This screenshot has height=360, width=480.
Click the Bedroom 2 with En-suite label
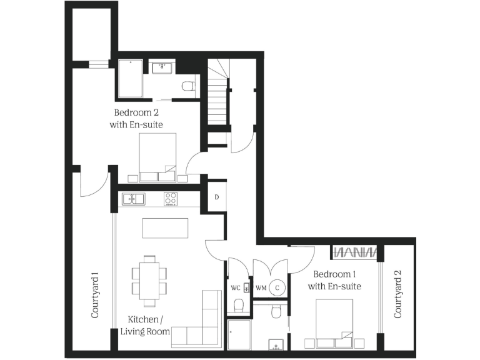[x=138, y=119]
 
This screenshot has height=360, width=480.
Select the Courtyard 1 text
[x=96, y=294]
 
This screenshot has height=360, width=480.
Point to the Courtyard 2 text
[x=397, y=294]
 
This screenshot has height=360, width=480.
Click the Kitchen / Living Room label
[x=145, y=325]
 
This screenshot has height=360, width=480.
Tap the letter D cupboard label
[x=216, y=197]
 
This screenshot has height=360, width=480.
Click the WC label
[x=236, y=288]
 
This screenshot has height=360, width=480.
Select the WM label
[x=262, y=288]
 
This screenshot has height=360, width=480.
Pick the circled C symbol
[x=279, y=287]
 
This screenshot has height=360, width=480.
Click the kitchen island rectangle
[x=165, y=227]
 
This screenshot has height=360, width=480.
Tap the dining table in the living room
[x=149, y=280]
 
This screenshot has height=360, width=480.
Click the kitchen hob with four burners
[x=171, y=199]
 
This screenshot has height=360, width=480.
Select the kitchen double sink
[x=133, y=199]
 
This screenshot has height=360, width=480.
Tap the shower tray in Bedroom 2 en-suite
[x=131, y=79]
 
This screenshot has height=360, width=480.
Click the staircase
[x=217, y=94]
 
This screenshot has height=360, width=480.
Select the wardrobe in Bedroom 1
[x=356, y=252]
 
